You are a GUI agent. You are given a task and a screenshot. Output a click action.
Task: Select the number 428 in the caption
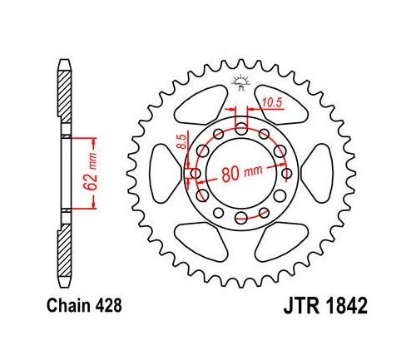[x=109, y=305]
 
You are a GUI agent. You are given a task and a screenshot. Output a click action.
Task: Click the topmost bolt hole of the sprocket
[x=241, y=127]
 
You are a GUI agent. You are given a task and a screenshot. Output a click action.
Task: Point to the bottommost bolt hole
[x=241, y=219]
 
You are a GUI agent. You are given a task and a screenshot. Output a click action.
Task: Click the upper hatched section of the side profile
[x=63, y=96]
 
